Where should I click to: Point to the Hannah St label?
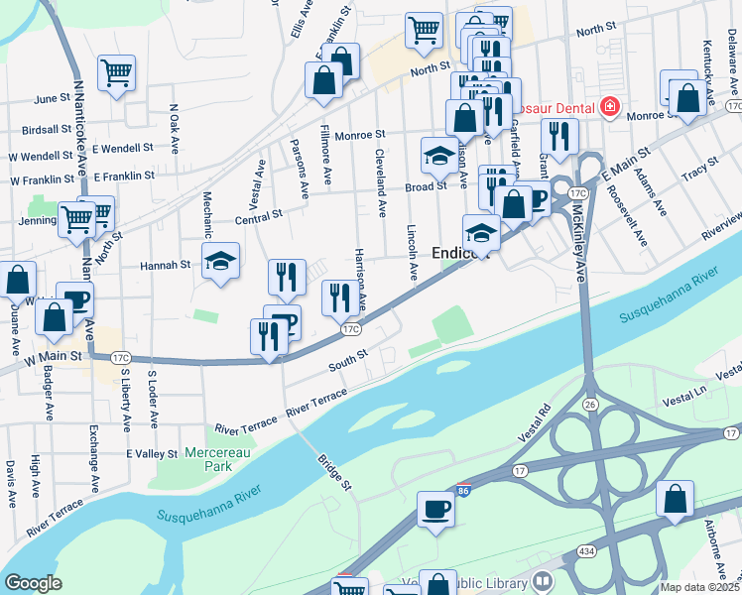165,266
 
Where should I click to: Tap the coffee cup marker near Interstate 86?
435,509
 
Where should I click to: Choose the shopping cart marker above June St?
116,71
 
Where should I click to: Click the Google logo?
34,583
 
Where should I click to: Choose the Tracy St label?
700,175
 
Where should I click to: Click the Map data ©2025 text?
698,587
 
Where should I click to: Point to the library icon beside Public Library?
543,581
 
